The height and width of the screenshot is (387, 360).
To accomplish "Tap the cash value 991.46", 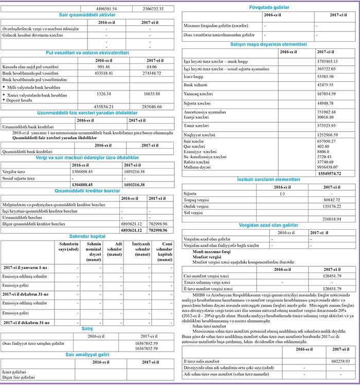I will [x=103, y=67].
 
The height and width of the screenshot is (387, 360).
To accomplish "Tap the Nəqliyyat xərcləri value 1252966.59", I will [x=331, y=133].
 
